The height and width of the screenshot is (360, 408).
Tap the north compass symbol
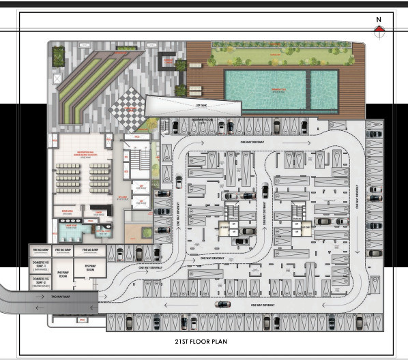379,29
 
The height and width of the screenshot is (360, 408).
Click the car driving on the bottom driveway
222,304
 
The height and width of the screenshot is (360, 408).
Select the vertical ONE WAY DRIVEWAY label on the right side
358,198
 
